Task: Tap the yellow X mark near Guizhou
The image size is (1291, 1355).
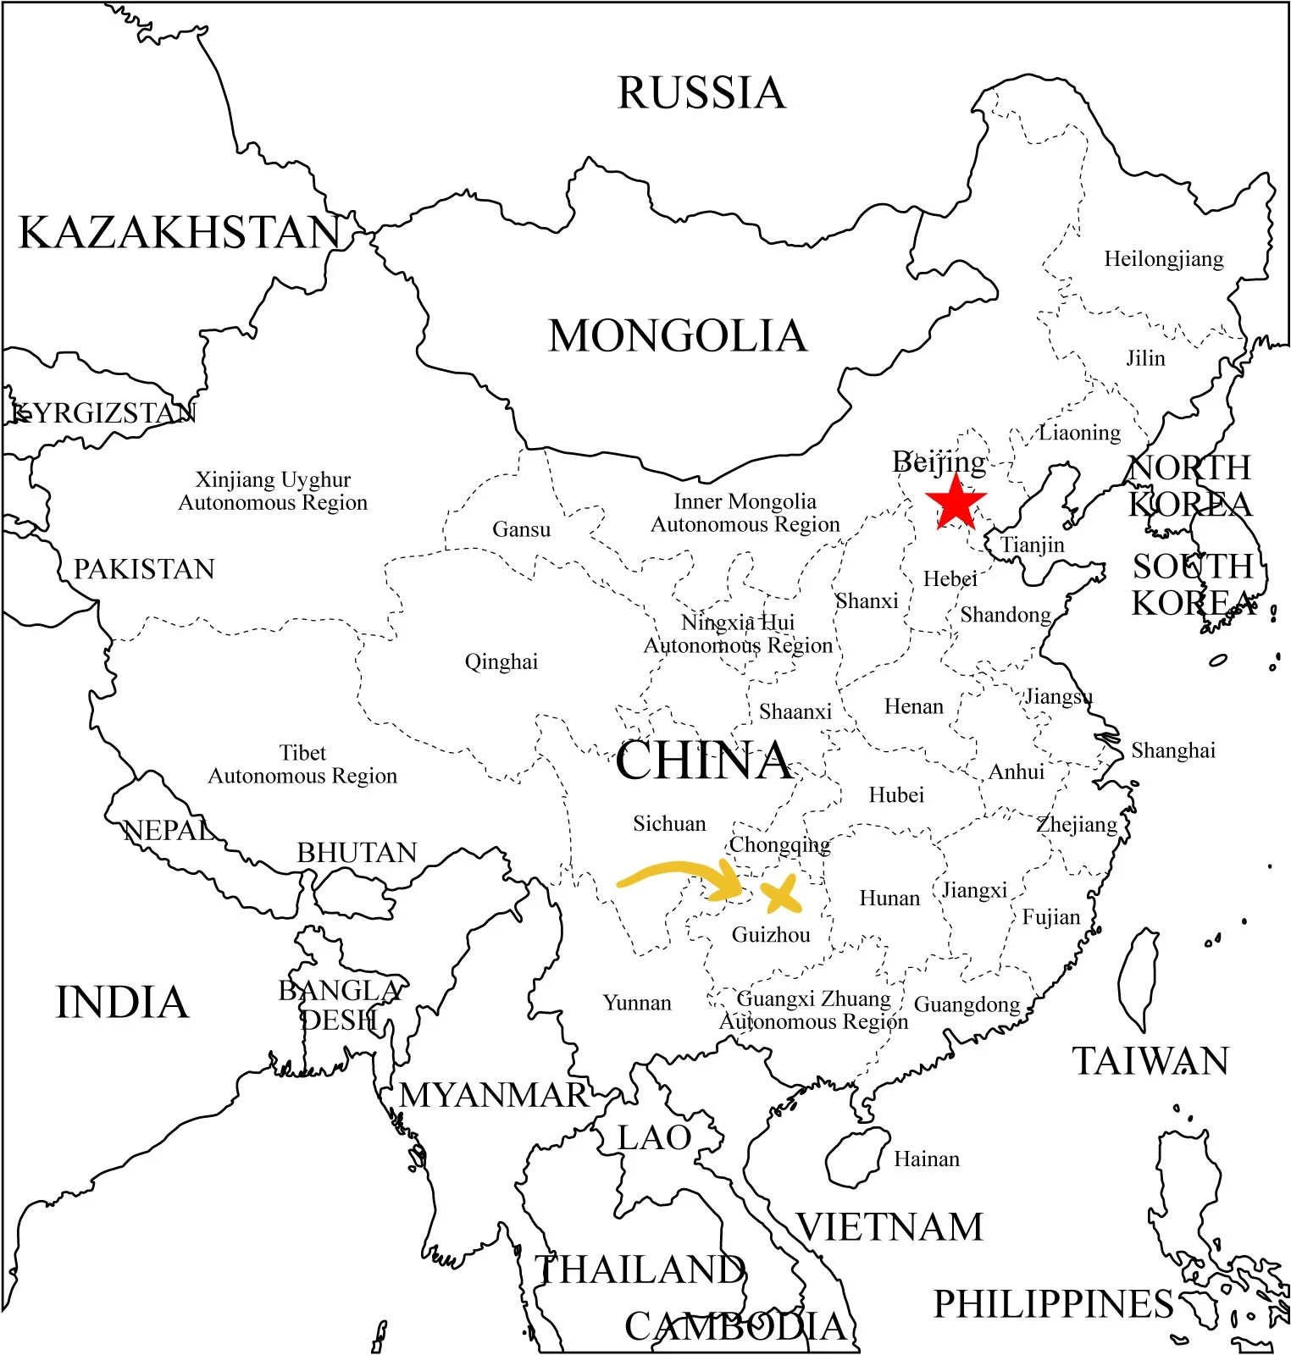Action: point(780,895)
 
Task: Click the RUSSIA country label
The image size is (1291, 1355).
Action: point(701,93)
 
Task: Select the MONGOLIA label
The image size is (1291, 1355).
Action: point(678,336)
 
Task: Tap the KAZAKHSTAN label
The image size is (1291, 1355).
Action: point(180,233)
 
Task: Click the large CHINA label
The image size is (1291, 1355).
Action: point(703,760)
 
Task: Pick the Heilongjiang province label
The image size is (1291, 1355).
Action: point(1163,259)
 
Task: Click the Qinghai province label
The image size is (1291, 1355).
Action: point(501,661)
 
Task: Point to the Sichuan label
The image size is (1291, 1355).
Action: point(669,823)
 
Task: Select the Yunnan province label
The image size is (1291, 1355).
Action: point(637,1003)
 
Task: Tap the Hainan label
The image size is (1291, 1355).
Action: point(927,1159)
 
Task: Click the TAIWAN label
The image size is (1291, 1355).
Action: point(1150,1061)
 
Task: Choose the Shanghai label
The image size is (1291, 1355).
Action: point(1173,750)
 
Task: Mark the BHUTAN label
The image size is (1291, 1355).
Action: point(357,852)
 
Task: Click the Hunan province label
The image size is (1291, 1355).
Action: point(889,898)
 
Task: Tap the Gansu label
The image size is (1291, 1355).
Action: point(521,529)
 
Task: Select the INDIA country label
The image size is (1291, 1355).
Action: point(122,1003)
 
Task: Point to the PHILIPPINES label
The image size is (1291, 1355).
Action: point(1053,1304)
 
